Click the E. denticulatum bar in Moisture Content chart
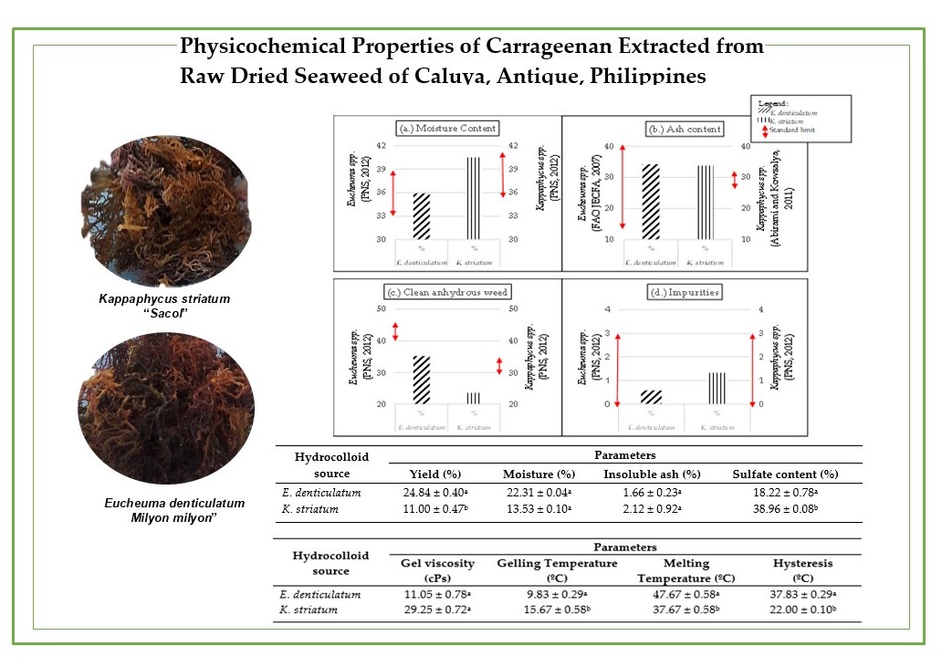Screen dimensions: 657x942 click(421, 216)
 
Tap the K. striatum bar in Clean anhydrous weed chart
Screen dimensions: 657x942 click(473, 398)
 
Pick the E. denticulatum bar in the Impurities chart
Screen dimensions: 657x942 click(651, 397)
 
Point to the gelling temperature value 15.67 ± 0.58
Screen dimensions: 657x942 click(557, 609)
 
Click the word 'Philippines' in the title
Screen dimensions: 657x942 click(649, 76)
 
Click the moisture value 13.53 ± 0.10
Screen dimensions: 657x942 click(539, 508)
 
